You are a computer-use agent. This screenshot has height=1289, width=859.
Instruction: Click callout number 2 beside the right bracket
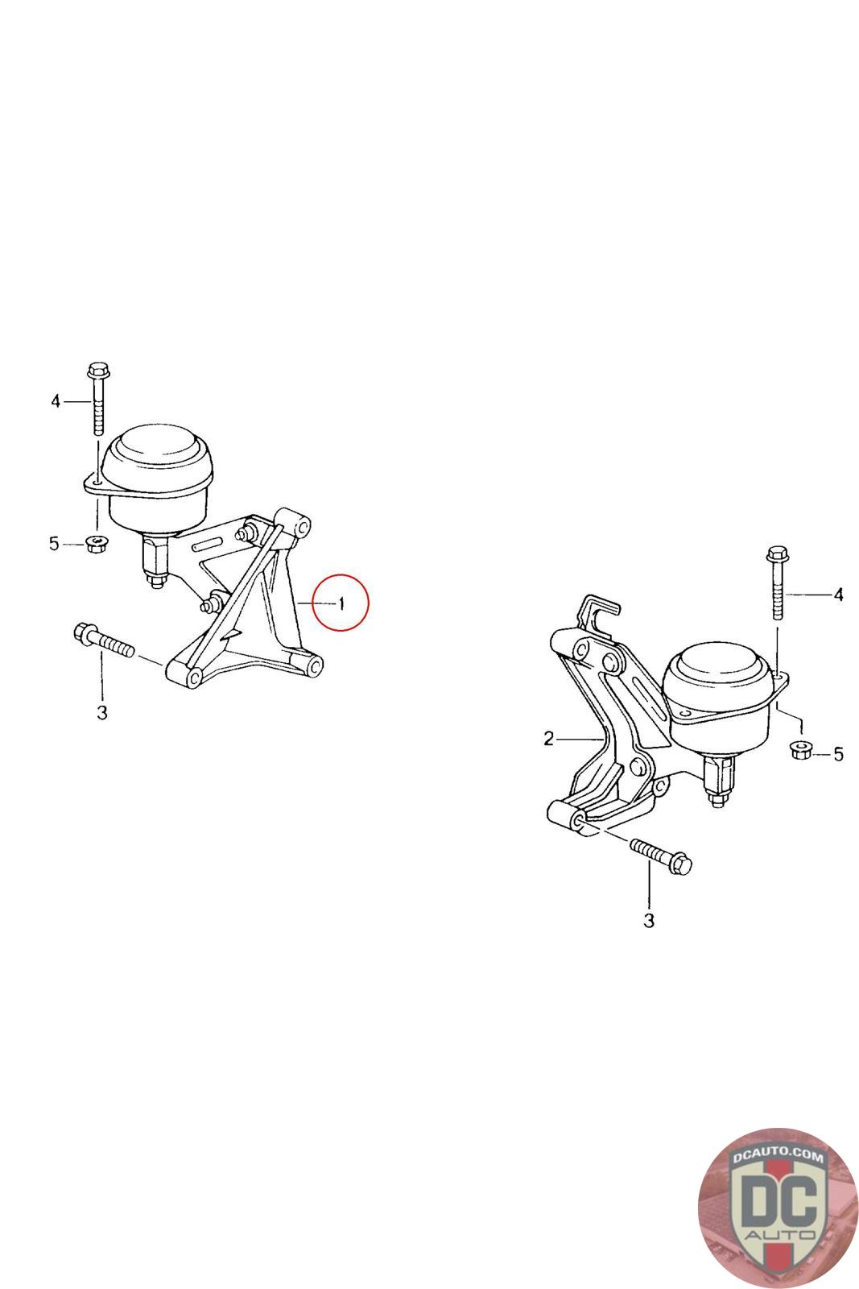point(548,738)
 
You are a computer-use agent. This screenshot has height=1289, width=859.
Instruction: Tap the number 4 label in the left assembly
point(56,401)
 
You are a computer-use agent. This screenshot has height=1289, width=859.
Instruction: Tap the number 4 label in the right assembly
point(838,595)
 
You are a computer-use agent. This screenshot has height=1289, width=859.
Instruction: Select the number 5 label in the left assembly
point(54,543)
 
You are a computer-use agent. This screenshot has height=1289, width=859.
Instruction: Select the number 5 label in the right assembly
point(838,754)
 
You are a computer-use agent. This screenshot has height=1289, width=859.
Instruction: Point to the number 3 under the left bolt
point(101,713)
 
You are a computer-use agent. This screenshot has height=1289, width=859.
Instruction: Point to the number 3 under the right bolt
point(649,922)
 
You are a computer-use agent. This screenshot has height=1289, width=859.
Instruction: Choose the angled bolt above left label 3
point(104,641)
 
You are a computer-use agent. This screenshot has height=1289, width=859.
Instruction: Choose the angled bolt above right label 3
point(661,856)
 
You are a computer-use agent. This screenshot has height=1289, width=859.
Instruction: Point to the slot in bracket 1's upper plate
point(211,545)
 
